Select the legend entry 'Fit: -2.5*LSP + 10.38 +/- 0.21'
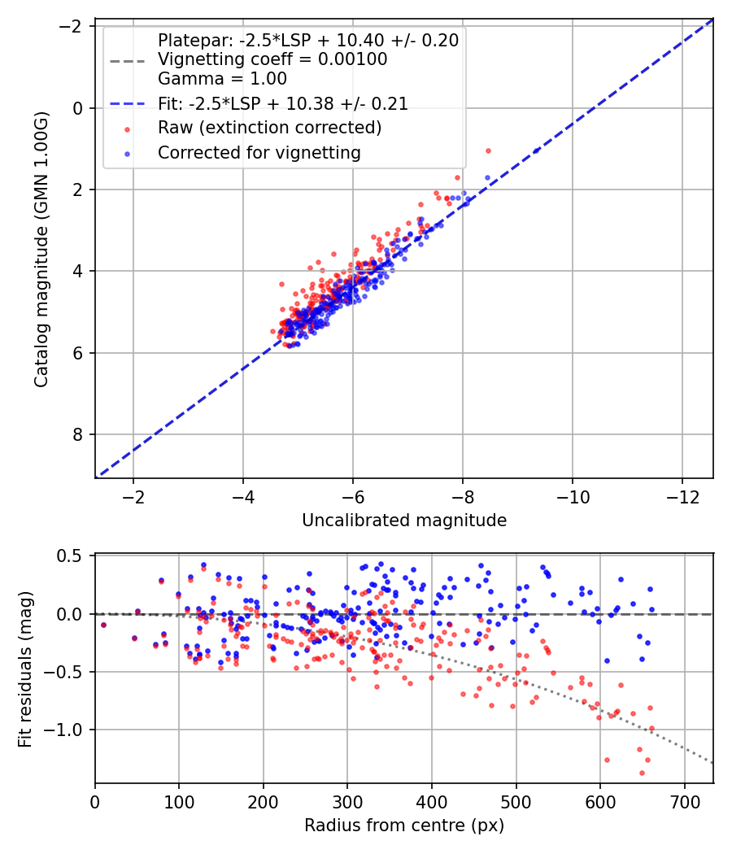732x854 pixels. click(x=282, y=104)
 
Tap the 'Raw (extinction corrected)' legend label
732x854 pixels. click(x=269, y=128)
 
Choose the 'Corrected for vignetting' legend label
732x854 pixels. click(x=259, y=152)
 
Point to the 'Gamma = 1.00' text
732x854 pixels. click(x=222, y=79)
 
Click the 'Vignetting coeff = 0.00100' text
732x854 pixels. click(x=272, y=59)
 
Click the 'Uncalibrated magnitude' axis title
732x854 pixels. click(x=404, y=521)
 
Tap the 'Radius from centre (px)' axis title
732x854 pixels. click(x=404, y=826)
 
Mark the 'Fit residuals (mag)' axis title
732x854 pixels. click(x=25, y=669)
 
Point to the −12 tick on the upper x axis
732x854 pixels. click(x=682, y=497)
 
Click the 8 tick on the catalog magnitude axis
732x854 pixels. click(x=79, y=434)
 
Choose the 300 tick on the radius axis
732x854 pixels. click(x=347, y=803)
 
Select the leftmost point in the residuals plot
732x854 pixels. click(x=103, y=625)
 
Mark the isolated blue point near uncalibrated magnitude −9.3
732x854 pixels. click(x=536, y=150)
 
